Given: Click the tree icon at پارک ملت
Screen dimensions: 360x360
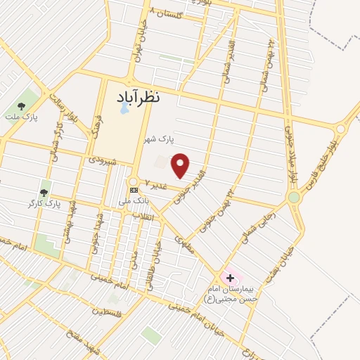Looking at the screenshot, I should (21, 106).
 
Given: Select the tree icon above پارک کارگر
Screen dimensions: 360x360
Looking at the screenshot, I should (44, 192).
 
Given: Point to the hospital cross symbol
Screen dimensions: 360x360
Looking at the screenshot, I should (230, 278).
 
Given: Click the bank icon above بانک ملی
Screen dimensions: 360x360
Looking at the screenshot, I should (134, 191).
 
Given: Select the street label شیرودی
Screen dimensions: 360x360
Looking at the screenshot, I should (101, 160).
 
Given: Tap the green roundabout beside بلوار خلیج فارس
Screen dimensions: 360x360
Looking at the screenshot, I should (294, 198).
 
